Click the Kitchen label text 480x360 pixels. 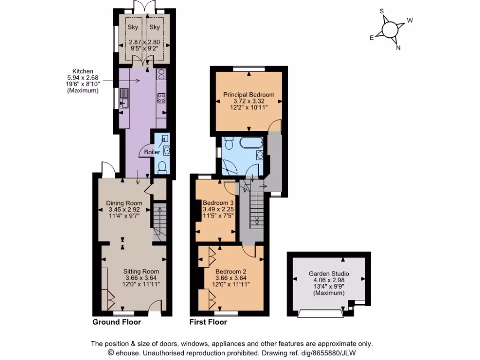point(82,72)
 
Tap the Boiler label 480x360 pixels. point(152,152)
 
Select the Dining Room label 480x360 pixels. point(124,203)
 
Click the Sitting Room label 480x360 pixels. point(141,271)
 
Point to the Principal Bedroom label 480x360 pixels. point(248,95)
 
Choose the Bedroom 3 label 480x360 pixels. point(218,203)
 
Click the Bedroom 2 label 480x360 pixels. point(231,271)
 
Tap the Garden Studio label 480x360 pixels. point(329,274)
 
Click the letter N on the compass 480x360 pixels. point(398,47)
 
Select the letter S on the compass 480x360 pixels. point(382,11)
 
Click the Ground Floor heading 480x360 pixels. point(117,322)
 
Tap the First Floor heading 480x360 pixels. point(208,322)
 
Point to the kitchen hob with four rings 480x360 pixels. point(161,98)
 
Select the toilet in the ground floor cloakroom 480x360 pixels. point(162,167)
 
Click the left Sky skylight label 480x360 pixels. point(133,27)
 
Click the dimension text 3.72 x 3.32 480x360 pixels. point(248,101)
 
